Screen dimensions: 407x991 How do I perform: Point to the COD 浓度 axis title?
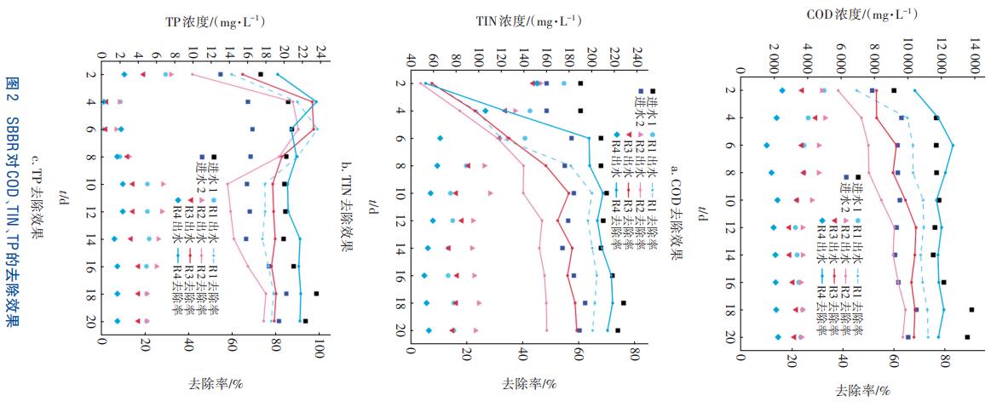860,14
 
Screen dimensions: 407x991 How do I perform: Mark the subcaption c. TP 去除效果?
35,194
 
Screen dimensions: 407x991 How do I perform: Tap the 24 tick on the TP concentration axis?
320,54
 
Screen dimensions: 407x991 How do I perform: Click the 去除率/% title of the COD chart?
863,391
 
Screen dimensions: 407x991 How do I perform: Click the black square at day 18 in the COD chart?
971,310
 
